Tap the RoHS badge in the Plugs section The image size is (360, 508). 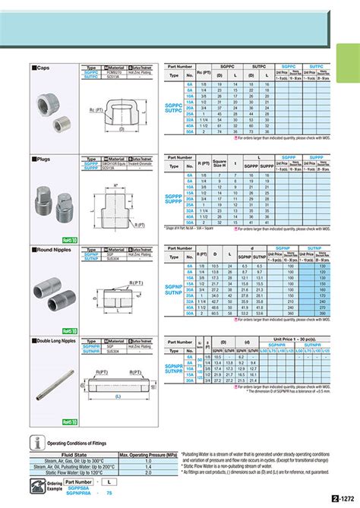pos(68,240)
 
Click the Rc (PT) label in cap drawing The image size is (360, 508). pos(97,112)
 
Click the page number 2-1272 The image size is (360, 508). pos(343,500)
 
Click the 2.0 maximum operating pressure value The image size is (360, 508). pos(148,466)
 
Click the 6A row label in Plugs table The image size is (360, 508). pos(190,175)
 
